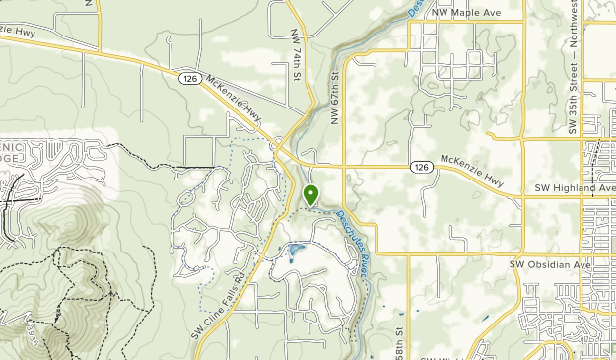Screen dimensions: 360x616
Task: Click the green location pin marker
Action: click(x=311, y=194)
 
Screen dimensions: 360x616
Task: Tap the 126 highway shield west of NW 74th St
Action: click(x=190, y=76)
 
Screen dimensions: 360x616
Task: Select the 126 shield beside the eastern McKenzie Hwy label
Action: click(x=421, y=167)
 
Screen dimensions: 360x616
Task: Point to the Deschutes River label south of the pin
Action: click(x=352, y=241)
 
